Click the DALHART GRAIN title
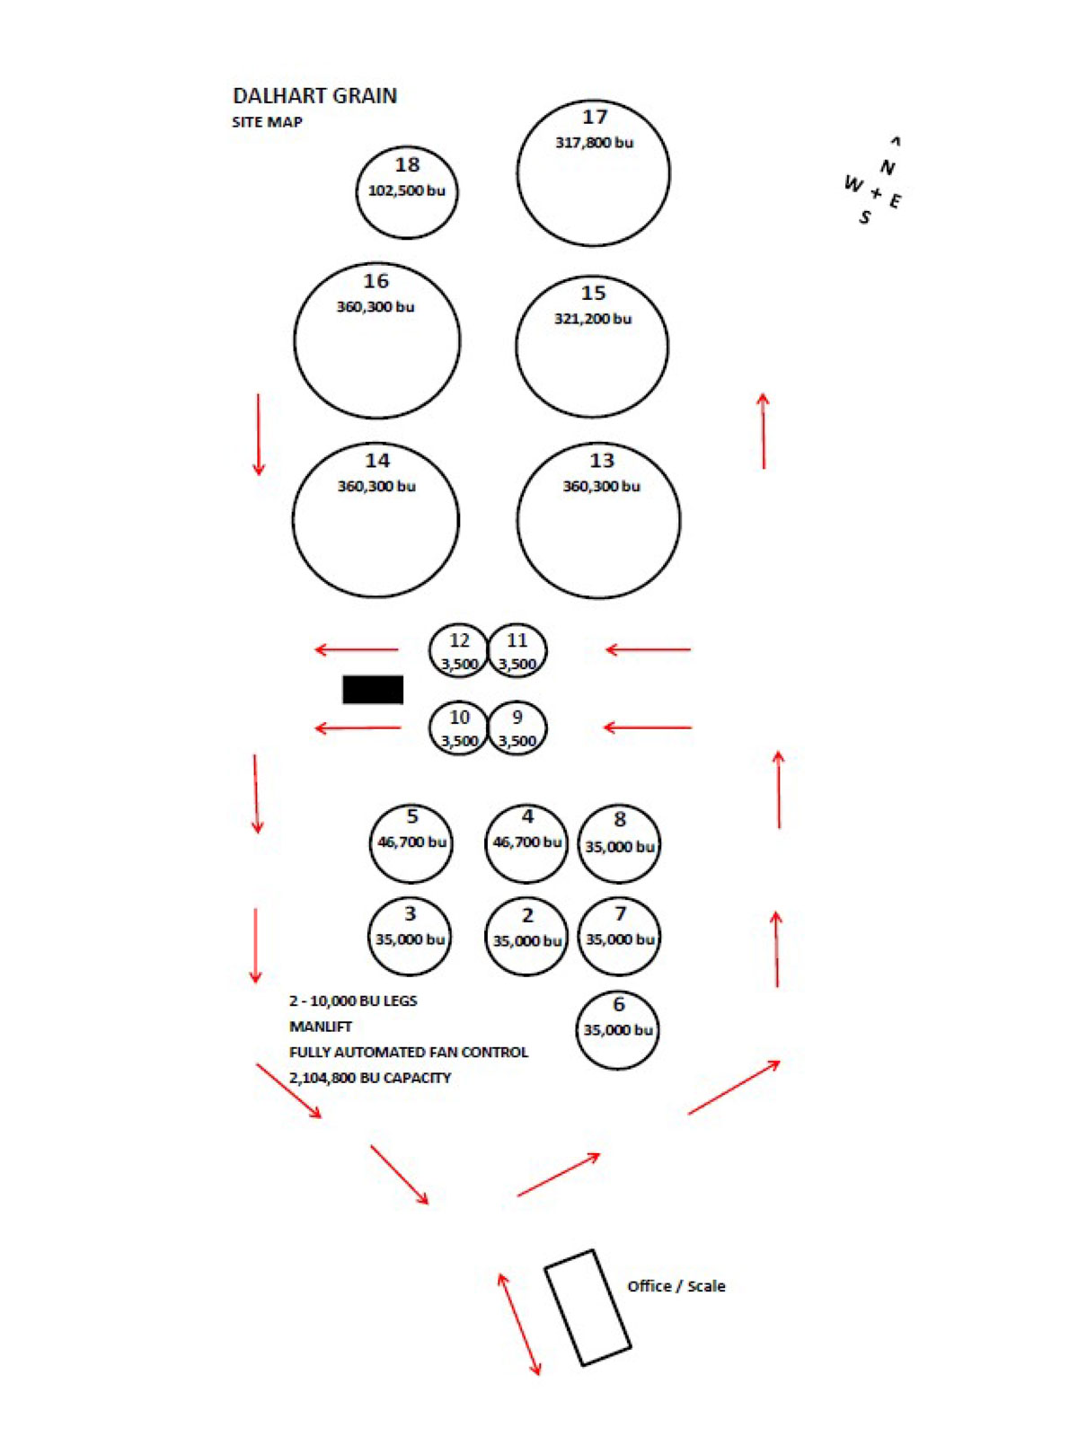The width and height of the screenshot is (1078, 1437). click(314, 96)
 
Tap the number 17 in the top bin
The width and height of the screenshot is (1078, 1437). click(595, 117)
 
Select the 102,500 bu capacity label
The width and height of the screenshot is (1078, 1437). click(406, 190)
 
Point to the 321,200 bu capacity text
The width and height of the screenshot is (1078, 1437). click(593, 319)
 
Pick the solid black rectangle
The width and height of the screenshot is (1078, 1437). click(373, 690)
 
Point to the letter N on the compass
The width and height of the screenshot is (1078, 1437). click(887, 168)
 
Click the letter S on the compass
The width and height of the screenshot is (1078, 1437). click(865, 217)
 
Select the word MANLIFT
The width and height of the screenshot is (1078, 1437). click(321, 1027)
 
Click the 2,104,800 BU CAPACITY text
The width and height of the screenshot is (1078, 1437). click(370, 1078)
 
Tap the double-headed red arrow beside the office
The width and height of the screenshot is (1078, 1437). click(519, 1324)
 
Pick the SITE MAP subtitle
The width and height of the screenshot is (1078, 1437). click(267, 122)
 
